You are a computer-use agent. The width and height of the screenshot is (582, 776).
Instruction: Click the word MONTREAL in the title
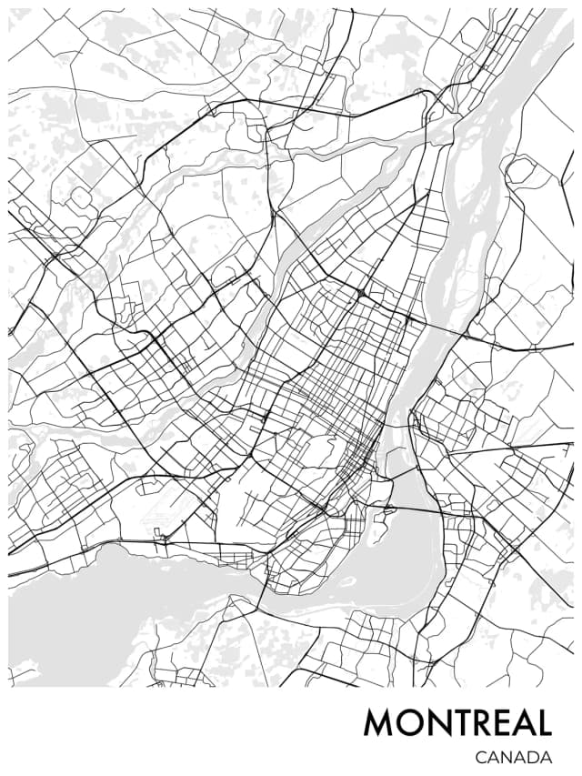click(457, 723)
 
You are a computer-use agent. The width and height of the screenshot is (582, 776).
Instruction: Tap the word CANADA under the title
click(513, 757)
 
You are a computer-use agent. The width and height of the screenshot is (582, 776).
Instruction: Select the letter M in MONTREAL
click(380, 723)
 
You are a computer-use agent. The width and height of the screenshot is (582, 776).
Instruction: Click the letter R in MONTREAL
click(480, 723)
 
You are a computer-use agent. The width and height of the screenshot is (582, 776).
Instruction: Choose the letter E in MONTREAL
click(501, 723)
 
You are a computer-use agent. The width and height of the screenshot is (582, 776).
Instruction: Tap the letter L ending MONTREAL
click(543, 723)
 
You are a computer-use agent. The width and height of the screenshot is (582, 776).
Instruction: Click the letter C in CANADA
click(480, 757)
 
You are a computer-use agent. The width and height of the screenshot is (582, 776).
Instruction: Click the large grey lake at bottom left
click(82, 619)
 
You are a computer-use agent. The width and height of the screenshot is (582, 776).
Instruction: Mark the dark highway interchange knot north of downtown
click(362, 293)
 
